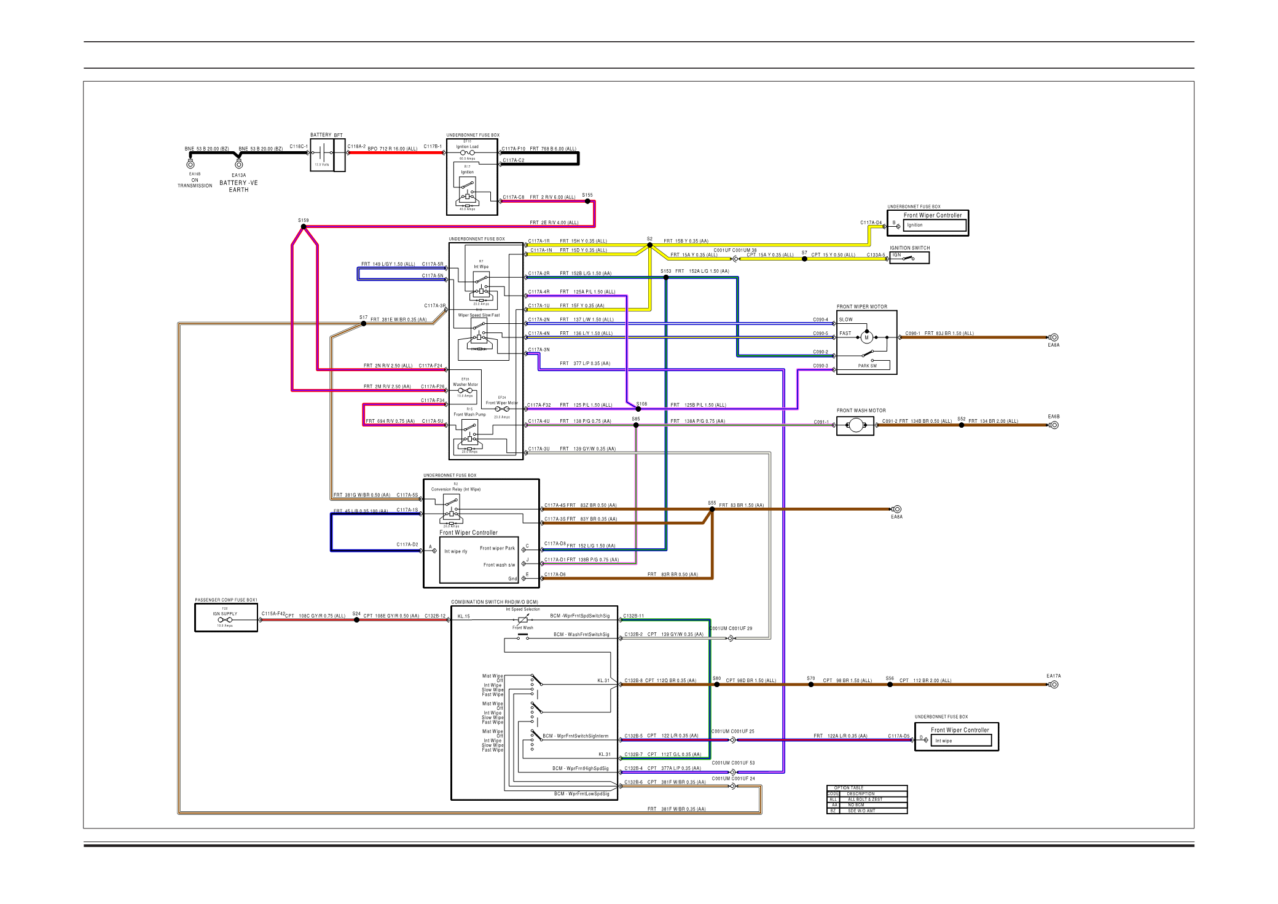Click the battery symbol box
click(322, 155)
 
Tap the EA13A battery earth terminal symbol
click(239, 164)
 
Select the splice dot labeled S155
click(587, 201)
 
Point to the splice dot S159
click(304, 227)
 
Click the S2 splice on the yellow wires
click(649, 245)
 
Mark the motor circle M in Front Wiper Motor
click(867, 337)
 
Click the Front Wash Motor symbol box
click(855, 425)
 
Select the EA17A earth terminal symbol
click(1054, 684)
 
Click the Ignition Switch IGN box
click(909, 258)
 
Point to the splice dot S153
click(666, 278)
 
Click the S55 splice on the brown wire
click(712, 509)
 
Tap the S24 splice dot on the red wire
click(356, 620)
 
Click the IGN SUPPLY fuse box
click(226, 618)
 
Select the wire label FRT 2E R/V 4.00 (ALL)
click(554, 223)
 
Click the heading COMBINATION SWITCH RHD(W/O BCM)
click(494, 602)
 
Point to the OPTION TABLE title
click(849, 788)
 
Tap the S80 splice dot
click(716, 684)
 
